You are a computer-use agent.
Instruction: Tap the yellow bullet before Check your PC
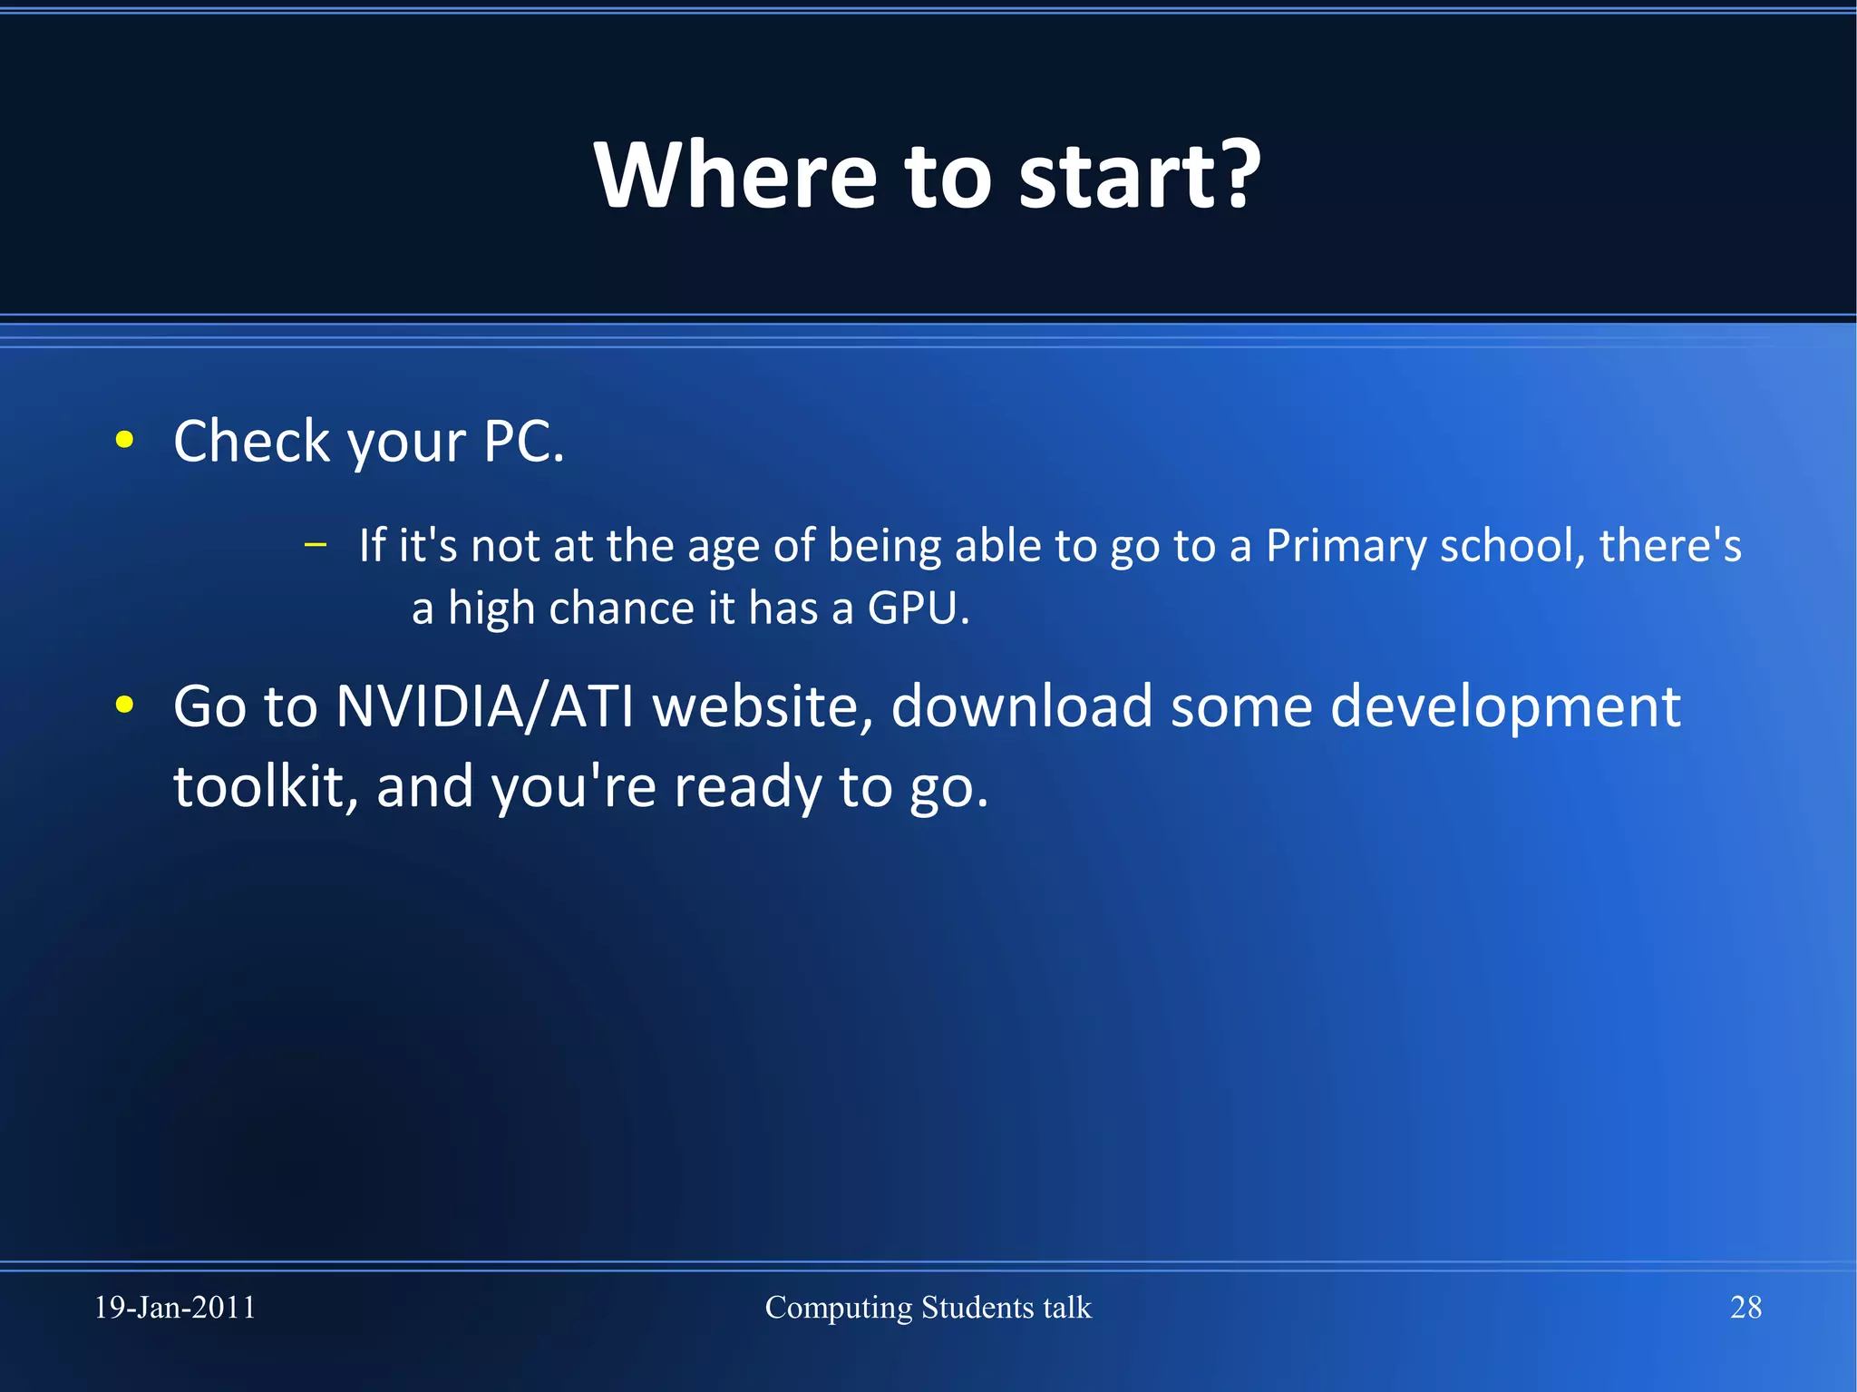125,441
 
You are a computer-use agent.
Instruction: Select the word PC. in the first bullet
523,442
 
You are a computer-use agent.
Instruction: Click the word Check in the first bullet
251,442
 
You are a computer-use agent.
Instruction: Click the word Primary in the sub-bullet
1345,547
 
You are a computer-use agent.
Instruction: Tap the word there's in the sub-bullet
1670,546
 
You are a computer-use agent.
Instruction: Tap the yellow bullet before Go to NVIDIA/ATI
125,706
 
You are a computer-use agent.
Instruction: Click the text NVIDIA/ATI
484,706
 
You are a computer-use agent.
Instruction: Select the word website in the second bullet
763,706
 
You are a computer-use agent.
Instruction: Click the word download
1021,706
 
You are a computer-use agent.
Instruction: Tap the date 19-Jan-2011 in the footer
175,1308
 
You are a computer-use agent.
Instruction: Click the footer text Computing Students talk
928,1308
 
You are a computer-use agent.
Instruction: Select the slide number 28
1745,1308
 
